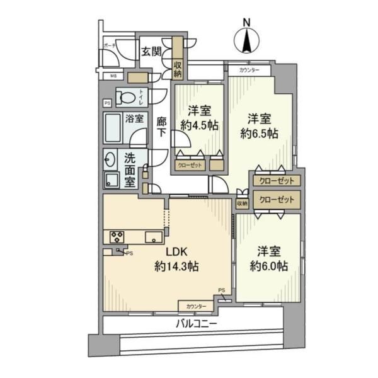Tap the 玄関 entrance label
[151, 52]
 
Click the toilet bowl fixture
[127, 98]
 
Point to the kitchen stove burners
[117, 237]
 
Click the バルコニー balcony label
[197, 324]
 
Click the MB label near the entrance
[114, 77]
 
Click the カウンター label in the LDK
[195, 306]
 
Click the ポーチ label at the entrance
[110, 46]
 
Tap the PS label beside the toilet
[107, 103]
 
